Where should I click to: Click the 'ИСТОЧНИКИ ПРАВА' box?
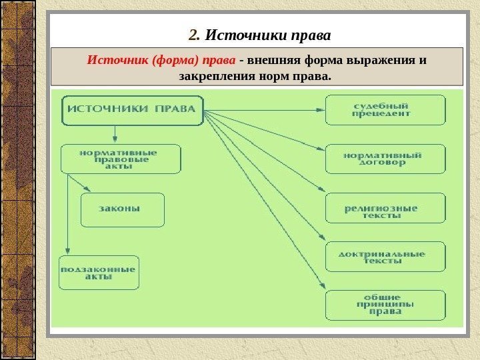pos(133,110)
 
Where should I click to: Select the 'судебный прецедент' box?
pos(385,109)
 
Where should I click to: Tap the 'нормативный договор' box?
pos(385,159)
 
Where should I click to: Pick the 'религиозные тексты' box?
pos(385,208)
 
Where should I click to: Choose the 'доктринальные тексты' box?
pos(385,257)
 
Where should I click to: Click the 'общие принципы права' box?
pos(385,305)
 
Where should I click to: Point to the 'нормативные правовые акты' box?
pos(121,159)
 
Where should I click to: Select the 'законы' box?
pos(122,209)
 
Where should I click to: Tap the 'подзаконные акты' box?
pos(99,272)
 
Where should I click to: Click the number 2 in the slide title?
pos(193,34)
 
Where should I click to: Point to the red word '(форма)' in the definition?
pos(174,61)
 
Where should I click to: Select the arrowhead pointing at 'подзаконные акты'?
pos(68,251)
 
